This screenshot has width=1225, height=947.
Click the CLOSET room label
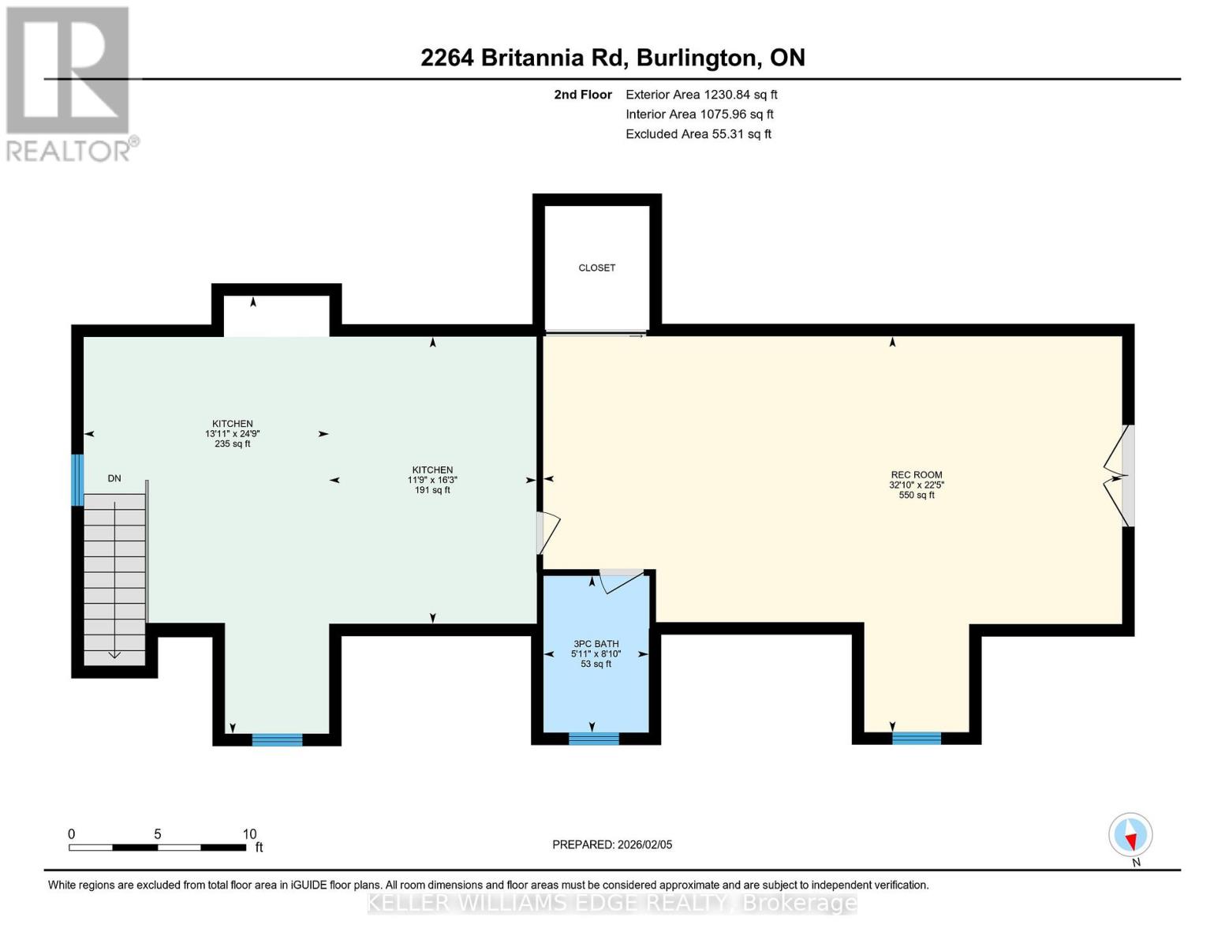coord(596,268)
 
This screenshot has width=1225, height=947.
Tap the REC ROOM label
coord(916,475)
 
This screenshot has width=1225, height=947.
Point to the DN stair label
coord(114,478)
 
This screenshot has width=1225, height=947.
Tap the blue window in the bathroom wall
coord(593,739)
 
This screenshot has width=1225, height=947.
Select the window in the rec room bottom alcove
coord(916,739)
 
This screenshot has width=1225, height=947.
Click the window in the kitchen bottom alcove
coord(277,739)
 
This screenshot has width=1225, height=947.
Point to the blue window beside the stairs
coord(77,480)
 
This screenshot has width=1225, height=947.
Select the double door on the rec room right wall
coord(1120,477)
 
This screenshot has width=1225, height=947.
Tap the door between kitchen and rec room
coord(547,533)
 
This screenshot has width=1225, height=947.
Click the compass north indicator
coord(1130,835)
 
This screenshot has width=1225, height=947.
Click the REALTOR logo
coord(69,83)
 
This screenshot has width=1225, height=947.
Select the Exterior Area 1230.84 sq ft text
coord(700,95)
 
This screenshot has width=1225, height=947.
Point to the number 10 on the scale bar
coord(249,834)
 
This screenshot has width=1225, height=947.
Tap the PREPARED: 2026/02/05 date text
coord(612,844)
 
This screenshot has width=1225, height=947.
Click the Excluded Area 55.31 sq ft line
coord(698,134)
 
